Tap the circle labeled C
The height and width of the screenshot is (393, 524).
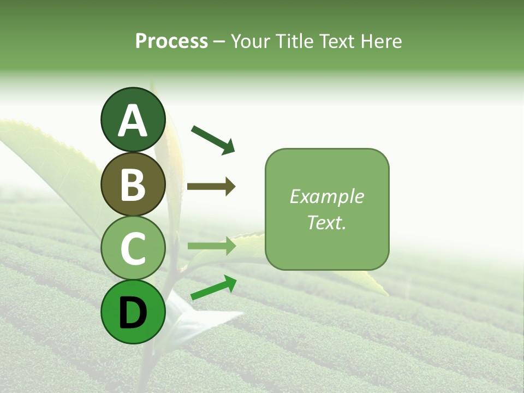click(x=133, y=248)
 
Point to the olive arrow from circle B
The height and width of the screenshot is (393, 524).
click(x=211, y=187)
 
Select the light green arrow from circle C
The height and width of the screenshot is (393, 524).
click(x=211, y=246)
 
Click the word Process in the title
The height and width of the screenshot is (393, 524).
click(x=171, y=41)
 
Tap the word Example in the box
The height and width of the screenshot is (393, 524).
click(x=326, y=196)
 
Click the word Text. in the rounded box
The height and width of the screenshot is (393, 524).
click(x=326, y=222)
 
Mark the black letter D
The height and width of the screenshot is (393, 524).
click(x=133, y=313)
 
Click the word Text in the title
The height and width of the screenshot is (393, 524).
click(x=338, y=41)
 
